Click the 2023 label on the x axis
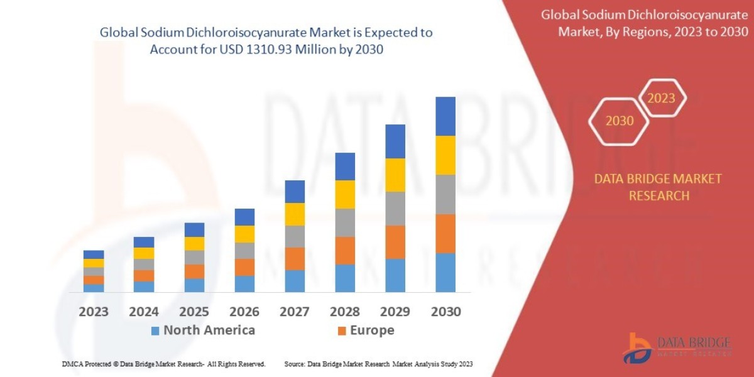tap(94, 311)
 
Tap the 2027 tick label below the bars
tap(295, 311)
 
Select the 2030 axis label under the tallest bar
tap(445, 311)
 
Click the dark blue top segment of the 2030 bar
tap(445, 116)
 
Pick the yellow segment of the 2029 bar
tap(395, 175)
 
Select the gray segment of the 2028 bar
tap(345, 222)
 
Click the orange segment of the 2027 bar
tap(295, 258)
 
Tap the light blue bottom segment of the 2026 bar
tap(244, 283)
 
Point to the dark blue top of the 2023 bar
tap(94, 254)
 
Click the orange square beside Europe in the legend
tap(342, 331)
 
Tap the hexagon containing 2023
tap(662, 98)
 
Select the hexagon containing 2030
tap(620, 121)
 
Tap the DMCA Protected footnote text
tap(163, 364)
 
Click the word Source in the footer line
tap(295, 364)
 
